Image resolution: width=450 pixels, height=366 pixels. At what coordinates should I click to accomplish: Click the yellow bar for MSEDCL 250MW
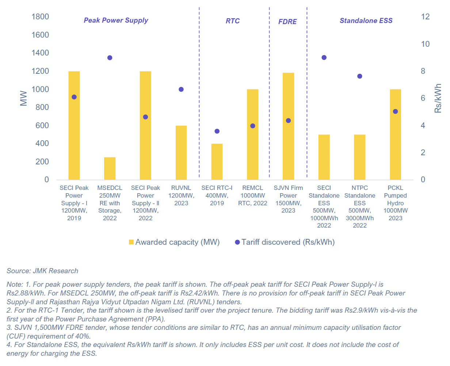110,168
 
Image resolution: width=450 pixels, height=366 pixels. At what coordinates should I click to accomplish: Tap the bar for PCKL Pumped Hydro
395,146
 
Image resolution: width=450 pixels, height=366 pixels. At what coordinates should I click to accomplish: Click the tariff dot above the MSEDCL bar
110,58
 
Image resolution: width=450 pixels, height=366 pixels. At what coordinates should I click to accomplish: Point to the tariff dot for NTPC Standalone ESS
360,76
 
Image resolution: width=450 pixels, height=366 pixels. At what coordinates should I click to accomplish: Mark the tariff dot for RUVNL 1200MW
181,89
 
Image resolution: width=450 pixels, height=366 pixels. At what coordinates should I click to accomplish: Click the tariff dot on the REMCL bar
253,126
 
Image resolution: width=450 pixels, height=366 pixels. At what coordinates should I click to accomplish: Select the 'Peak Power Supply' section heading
116,20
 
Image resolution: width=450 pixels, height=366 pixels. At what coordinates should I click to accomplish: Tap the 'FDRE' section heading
287,22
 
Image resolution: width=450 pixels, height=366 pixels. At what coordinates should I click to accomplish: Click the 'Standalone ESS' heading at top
366,21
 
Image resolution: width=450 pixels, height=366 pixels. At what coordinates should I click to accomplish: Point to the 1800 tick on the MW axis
40,17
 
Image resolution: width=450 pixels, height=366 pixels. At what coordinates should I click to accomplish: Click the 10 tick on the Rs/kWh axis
425,44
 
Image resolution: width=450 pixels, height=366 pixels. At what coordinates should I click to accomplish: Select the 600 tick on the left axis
42,126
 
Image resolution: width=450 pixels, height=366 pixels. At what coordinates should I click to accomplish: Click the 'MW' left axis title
24,98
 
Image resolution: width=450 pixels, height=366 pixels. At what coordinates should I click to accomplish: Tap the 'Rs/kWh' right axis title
438,98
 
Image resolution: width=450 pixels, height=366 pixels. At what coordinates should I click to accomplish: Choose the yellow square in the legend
131,242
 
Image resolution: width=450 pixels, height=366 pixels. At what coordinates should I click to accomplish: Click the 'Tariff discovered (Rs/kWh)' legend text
288,242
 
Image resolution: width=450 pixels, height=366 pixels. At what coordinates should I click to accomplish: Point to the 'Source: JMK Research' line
42,271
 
